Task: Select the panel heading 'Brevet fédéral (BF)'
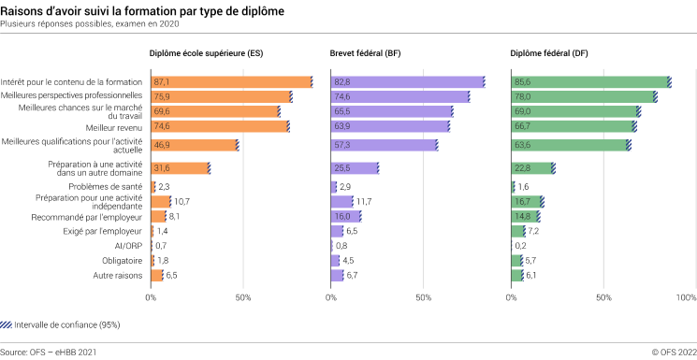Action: [367, 53]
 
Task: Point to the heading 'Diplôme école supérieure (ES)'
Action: [206, 53]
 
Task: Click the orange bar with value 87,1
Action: [230, 82]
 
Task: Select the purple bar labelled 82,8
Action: [407, 82]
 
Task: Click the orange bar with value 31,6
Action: [180, 168]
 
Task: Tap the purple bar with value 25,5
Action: [355, 168]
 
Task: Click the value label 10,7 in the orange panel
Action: [182, 201]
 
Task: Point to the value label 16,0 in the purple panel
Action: [345, 216]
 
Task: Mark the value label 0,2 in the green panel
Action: [521, 246]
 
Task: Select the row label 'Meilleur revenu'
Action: [113, 126]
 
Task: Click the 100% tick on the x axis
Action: [686, 297]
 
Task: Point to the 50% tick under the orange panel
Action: [242, 297]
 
